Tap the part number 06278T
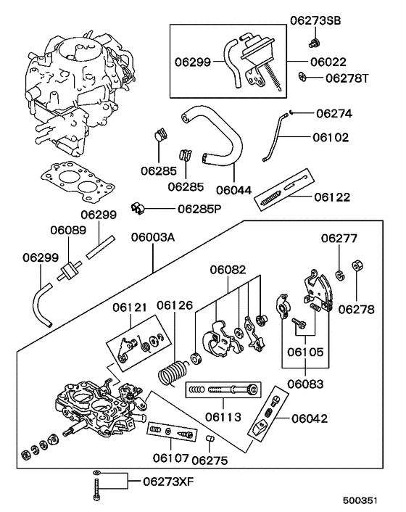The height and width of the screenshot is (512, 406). coord(347,78)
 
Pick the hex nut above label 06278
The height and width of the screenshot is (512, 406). coord(357,265)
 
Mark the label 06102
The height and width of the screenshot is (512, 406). coord(331,136)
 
